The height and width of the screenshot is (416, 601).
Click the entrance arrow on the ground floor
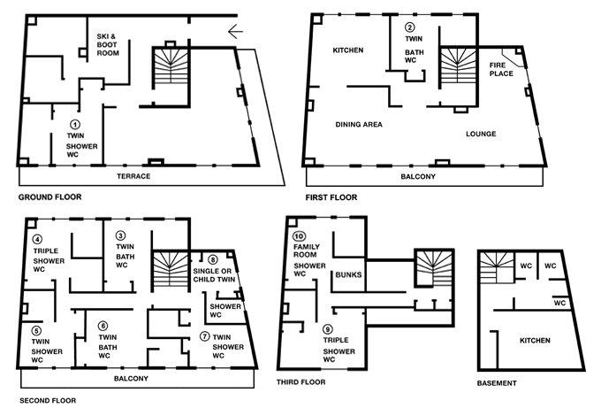[x=235, y=31]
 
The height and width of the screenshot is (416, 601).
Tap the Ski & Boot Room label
[x=108, y=44]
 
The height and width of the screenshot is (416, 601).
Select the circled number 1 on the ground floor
[x=75, y=124]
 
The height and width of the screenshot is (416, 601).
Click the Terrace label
[x=133, y=176]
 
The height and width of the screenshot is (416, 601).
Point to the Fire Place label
[x=501, y=69]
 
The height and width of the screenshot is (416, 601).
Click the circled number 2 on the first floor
[x=410, y=27]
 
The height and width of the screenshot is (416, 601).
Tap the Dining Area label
[x=359, y=124]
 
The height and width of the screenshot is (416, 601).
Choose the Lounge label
[x=481, y=134]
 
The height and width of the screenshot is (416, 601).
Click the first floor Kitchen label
[x=348, y=50]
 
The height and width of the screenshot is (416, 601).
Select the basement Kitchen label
[x=535, y=341]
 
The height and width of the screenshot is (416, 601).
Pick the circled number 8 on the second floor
[x=213, y=260]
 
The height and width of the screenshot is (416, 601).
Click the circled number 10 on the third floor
[x=299, y=236]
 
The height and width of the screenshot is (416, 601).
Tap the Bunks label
[x=348, y=274]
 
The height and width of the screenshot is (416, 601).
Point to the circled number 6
[x=103, y=326]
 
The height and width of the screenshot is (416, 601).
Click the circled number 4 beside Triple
[x=37, y=240]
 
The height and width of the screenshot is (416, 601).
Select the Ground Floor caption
[x=50, y=197]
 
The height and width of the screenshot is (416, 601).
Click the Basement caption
[x=497, y=383]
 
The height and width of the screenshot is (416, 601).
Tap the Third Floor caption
[x=301, y=382]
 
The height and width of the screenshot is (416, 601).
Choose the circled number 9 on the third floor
[x=328, y=329]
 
